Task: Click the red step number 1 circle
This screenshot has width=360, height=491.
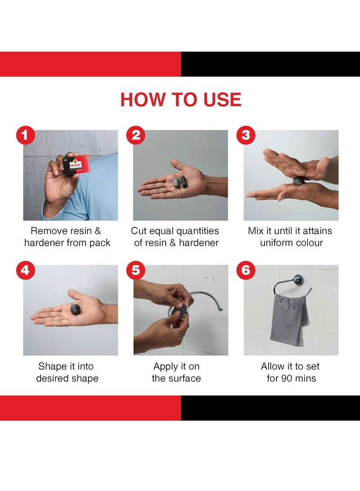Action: [25, 135]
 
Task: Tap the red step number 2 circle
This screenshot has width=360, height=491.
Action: [135, 135]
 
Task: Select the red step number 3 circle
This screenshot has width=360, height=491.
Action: [246, 135]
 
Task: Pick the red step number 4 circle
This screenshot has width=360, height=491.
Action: [25, 270]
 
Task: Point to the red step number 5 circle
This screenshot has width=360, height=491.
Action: [135, 270]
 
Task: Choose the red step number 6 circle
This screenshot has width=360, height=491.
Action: [246, 270]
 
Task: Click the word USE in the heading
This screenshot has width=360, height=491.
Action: [222, 99]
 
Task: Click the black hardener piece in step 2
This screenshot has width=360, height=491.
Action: [183, 182]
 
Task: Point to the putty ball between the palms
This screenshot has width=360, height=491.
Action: [298, 181]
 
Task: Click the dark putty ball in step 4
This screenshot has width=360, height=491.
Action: [76, 310]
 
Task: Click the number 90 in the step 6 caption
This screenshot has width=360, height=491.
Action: [287, 378]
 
